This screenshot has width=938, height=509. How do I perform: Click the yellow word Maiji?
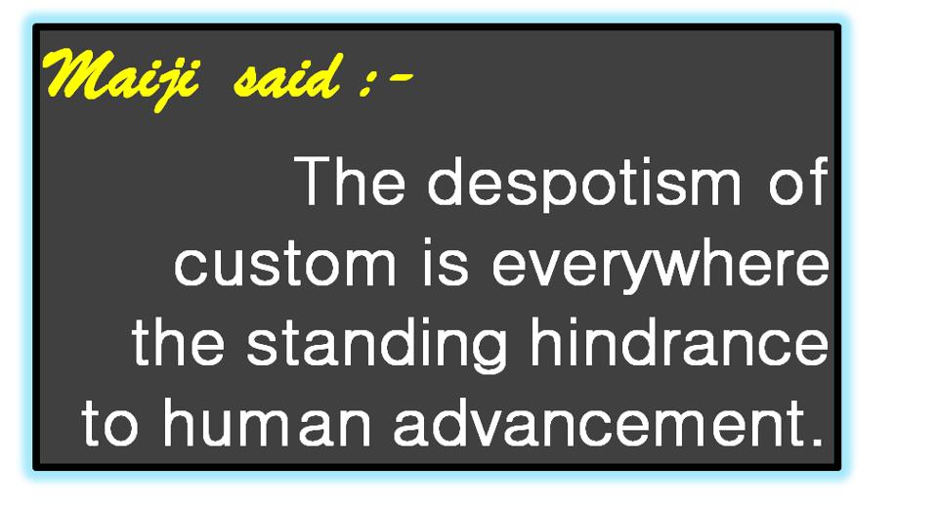(118, 78)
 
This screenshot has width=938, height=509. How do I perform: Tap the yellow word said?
(287, 76)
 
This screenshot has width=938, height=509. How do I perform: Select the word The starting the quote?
(349, 181)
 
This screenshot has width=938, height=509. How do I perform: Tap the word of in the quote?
(798, 181)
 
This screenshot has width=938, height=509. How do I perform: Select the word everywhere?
(661, 266)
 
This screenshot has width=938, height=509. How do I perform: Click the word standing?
(377, 345)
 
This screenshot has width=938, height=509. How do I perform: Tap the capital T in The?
(314, 182)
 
